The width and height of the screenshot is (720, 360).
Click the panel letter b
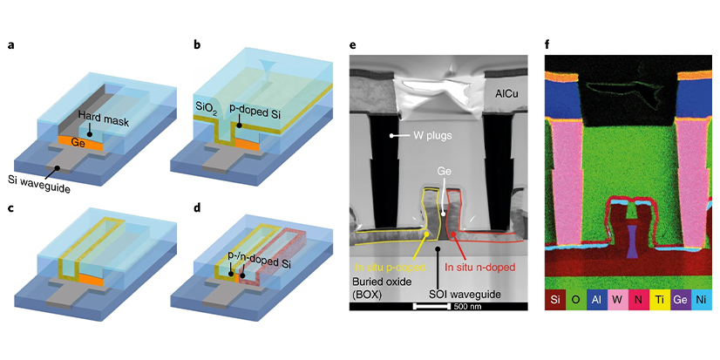[x=173, y=44]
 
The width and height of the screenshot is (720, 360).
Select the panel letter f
[x=547, y=44]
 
